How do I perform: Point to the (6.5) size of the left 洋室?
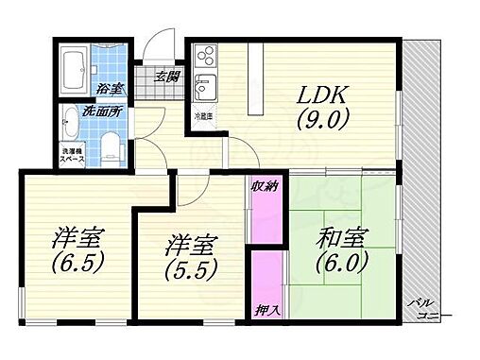(77, 260)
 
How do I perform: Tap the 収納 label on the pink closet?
(264, 185)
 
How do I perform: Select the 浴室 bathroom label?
(111, 89)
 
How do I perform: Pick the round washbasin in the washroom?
(71, 121)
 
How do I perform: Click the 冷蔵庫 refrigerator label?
(204, 115)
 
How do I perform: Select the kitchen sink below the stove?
(203, 93)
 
